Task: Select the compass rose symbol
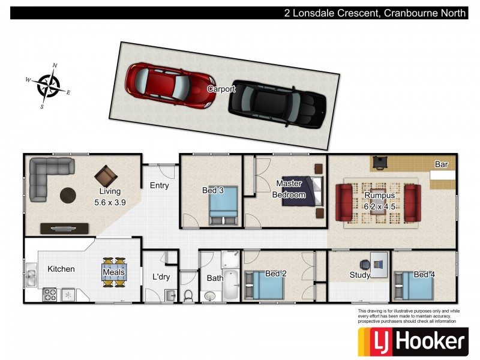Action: click(48, 86)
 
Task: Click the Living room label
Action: click(110, 197)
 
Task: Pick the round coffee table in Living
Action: click(68, 195)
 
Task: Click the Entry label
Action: click(159, 185)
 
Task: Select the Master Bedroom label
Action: click(289, 189)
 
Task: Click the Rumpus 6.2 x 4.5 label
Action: click(379, 200)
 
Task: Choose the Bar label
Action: click(442, 164)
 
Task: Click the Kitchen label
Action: click(61, 269)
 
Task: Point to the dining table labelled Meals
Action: click(114, 272)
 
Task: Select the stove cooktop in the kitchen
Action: click(49, 295)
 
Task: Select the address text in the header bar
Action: click(375, 13)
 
